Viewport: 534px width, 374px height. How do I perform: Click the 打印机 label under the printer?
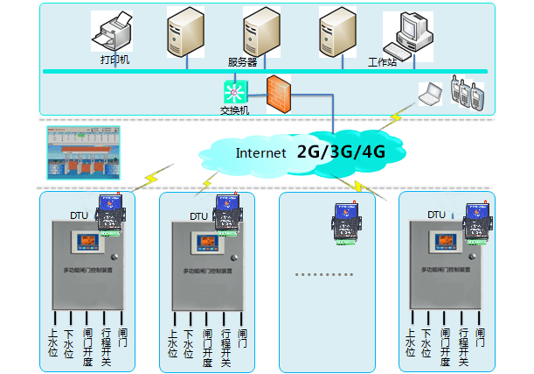tap(114, 61)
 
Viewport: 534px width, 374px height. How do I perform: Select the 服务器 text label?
tap(242, 62)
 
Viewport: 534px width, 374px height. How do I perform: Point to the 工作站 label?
tap(382, 62)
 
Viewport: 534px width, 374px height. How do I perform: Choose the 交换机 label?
tap(234, 110)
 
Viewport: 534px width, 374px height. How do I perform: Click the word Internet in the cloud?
tap(260, 152)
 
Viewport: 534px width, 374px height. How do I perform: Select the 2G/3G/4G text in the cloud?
tap(342, 152)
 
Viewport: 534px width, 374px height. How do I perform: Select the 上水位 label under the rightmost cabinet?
tap(409, 342)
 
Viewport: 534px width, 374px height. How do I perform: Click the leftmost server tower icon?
tap(185, 34)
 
